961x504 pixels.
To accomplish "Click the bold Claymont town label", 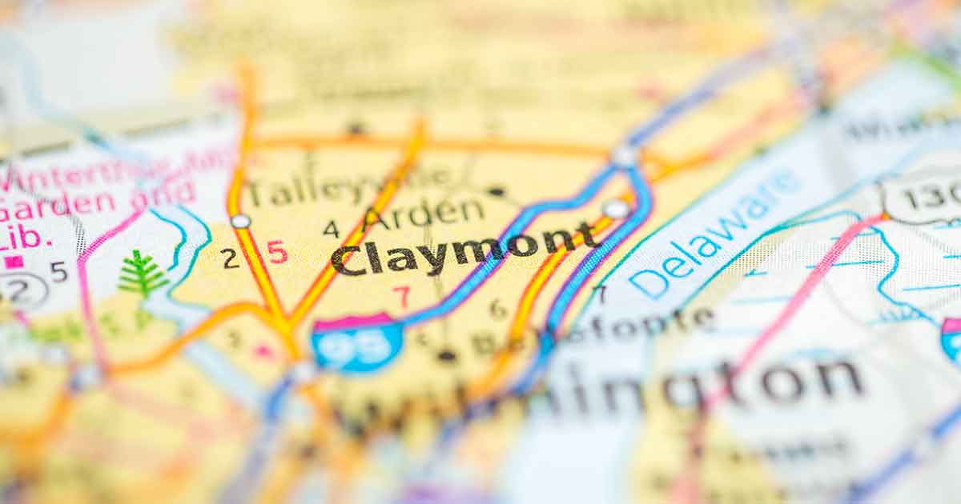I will pyautogui.click(x=464, y=250).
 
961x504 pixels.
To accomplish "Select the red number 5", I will pyautogui.click(x=276, y=252).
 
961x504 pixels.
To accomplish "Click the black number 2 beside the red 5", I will pyautogui.click(x=230, y=258).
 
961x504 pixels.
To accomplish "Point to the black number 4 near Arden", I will pyautogui.click(x=331, y=229).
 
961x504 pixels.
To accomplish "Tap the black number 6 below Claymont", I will pyautogui.click(x=498, y=308).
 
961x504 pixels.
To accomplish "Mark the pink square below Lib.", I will pyautogui.click(x=14, y=262).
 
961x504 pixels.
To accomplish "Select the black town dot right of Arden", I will pyautogui.click(x=497, y=191).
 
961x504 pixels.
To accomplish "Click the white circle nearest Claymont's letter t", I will pyautogui.click(x=615, y=210).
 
